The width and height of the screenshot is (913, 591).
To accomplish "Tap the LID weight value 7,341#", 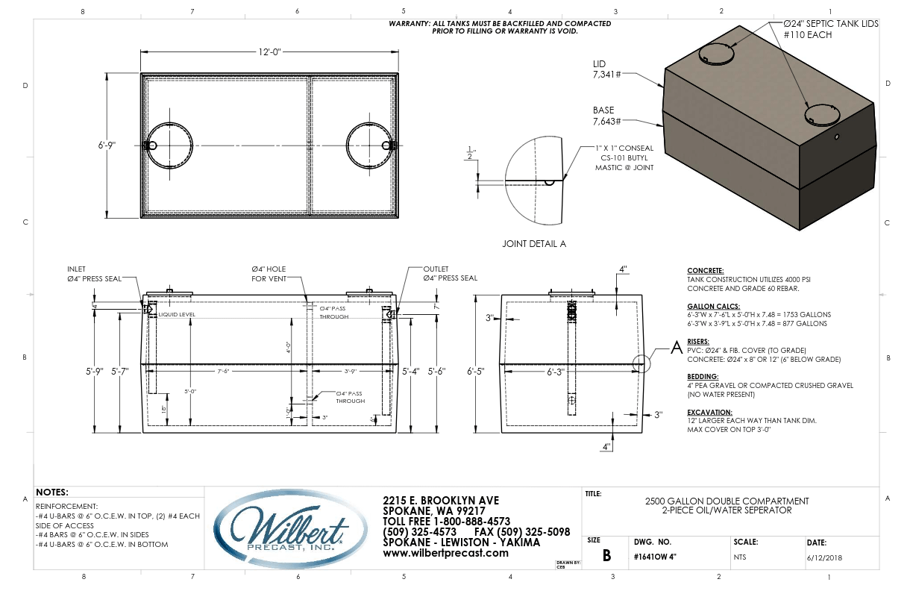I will (606, 75).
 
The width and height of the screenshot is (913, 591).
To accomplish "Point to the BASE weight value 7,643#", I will (606, 121).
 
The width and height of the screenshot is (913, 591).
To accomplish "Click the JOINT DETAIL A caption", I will (534, 244).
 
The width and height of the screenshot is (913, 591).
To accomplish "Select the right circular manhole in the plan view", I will (368, 146).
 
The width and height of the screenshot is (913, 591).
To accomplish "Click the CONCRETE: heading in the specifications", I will (705, 271).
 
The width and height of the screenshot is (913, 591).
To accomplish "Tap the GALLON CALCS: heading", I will (712, 307).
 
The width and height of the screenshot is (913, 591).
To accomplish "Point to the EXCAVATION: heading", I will (709, 412).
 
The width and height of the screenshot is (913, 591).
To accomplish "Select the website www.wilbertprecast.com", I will (445, 553).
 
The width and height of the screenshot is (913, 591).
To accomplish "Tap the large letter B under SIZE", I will (606, 555).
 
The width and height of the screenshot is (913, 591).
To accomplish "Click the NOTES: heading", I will (52, 492).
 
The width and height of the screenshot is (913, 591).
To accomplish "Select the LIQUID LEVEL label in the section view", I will (176, 315).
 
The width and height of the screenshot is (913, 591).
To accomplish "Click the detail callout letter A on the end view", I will (677, 346).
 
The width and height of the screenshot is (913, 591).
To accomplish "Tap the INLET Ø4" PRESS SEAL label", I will (94, 273).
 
